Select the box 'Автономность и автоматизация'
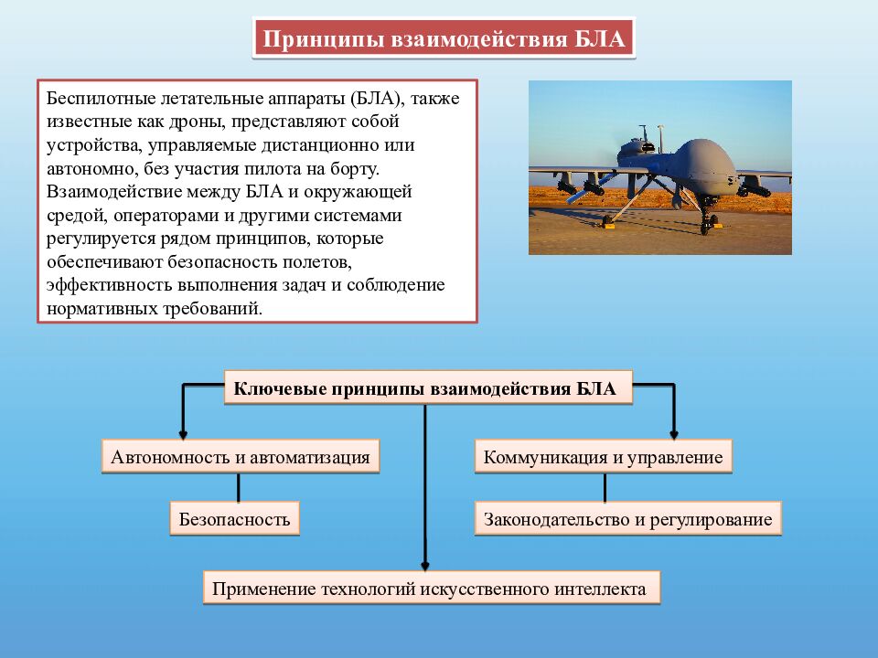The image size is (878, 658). click(x=241, y=457)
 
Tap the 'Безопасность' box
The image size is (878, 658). click(x=234, y=519)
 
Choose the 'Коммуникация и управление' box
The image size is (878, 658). click(x=604, y=457)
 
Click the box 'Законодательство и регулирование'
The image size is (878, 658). click(x=627, y=519)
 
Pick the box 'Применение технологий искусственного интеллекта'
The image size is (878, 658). click(x=429, y=589)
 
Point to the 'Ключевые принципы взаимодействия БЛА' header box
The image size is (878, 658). click(x=426, y=388)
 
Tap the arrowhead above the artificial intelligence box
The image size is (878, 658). click(x=425, y=566)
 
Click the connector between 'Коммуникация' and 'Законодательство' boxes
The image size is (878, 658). click(x=605, y=487)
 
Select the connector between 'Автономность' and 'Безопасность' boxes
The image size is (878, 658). click(x=238, y=487)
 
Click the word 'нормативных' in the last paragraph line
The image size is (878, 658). click(x=101, y=309)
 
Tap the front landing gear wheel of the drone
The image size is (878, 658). click(x=704, y=226)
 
